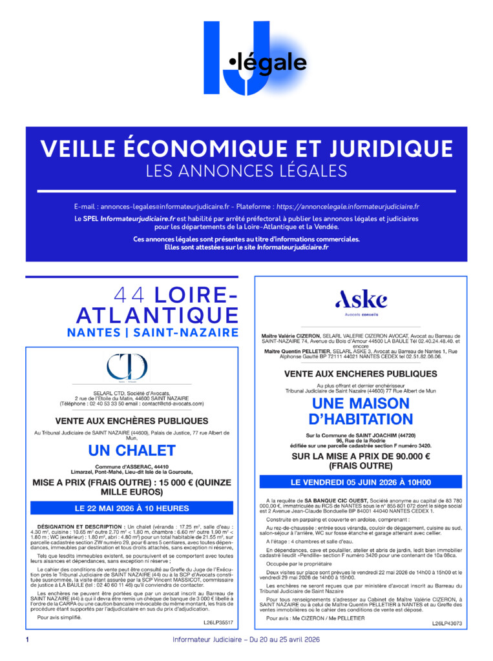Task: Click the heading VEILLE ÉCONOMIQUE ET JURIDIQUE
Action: tap(246, 148)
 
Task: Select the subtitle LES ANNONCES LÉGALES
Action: tap(246, 171)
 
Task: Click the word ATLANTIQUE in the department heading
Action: tap(157, 315)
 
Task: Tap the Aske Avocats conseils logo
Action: tap(361, 301)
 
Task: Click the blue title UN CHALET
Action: tap(131, 450)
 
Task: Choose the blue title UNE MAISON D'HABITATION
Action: tap(361, 411)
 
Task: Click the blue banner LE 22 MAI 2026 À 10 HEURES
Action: tap(131, 508)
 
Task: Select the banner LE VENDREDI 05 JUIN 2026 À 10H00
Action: tap(361, 482)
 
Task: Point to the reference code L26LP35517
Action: tap(218, 623)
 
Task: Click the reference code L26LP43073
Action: tap(447, 624)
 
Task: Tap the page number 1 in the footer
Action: tap(27, 640)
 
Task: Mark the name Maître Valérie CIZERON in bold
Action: tap(290, 336)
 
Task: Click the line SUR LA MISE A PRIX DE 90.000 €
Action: tap(361, 456)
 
